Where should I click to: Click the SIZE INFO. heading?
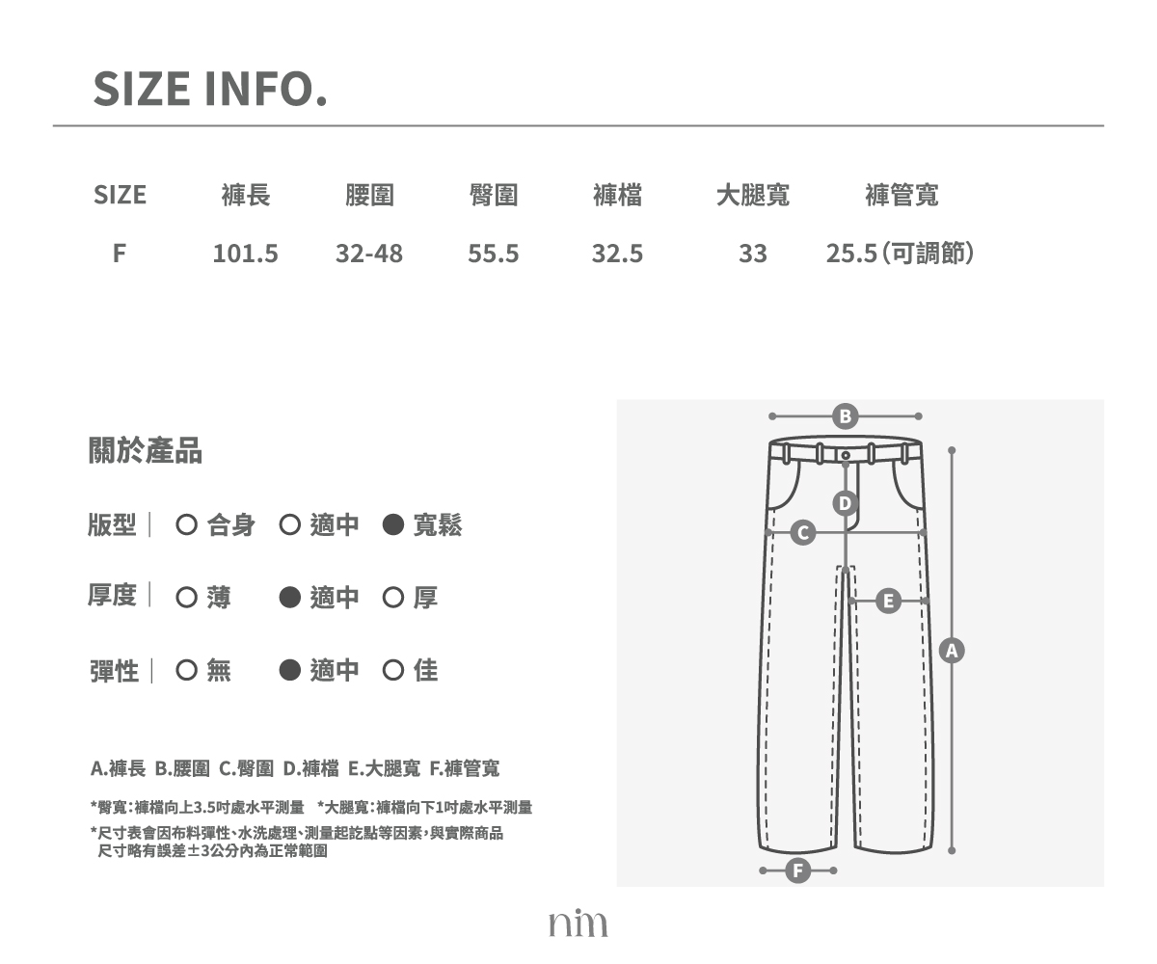pyautogui.click(x=210, y=89)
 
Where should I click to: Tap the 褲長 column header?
pyautogui.click(x=246, y=195)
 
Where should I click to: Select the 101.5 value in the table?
pyautogui.click(x=246, y=254)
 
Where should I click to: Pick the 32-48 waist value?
pyautogui.click(x=369, y=254)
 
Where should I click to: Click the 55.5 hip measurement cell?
pyautogui.click(x=493, y=254)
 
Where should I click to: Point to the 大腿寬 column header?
pyautogui.click(x=752, y=195)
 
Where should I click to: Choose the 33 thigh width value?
pyautogui.click(x=752, y=254)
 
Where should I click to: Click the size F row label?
pyautogui.click(x=120, y=254)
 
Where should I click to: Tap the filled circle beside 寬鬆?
pyautogui.click(x=392, y=524)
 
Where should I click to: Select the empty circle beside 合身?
pyautogui.click(x=187, y=524)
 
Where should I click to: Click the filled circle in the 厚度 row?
pyautogui.click(x=290, y=598)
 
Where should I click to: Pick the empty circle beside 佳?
pyautogui.click(x=392, y=670)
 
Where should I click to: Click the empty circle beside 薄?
pyautogui.click(x=187, y=598)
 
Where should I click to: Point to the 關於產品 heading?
pyautogui.click(x=146, y=450)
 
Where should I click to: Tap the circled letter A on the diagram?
pyautogui.click(x=952, y=651)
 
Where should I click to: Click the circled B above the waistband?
pyautogui.click(x=845, y=416)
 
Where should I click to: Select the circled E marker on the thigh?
pyautogui.click(x=888, y=602)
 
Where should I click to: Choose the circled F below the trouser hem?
pyautogui.click(x=798, y=870)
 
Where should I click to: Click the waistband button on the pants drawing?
pyautogui.click(x=846, y=455)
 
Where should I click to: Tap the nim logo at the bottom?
pyautogui.click(x=578, y=923)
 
